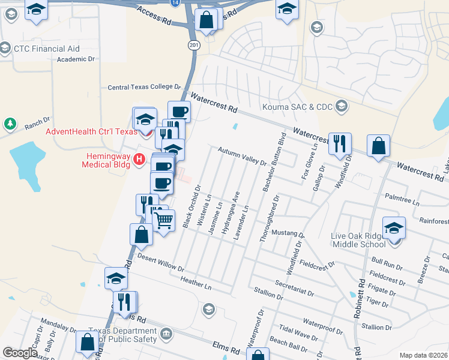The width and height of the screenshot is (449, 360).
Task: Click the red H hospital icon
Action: point(139,159)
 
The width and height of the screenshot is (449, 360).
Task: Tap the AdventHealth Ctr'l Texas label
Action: point(92,131)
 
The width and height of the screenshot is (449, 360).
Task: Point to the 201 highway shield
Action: point(193,45)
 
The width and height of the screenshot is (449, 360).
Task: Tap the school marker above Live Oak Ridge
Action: point(394,229)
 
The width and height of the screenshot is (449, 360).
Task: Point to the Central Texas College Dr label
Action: point(144,87)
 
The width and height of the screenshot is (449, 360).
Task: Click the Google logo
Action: point(20,353)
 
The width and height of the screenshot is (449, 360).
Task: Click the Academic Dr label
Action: point(76,59)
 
